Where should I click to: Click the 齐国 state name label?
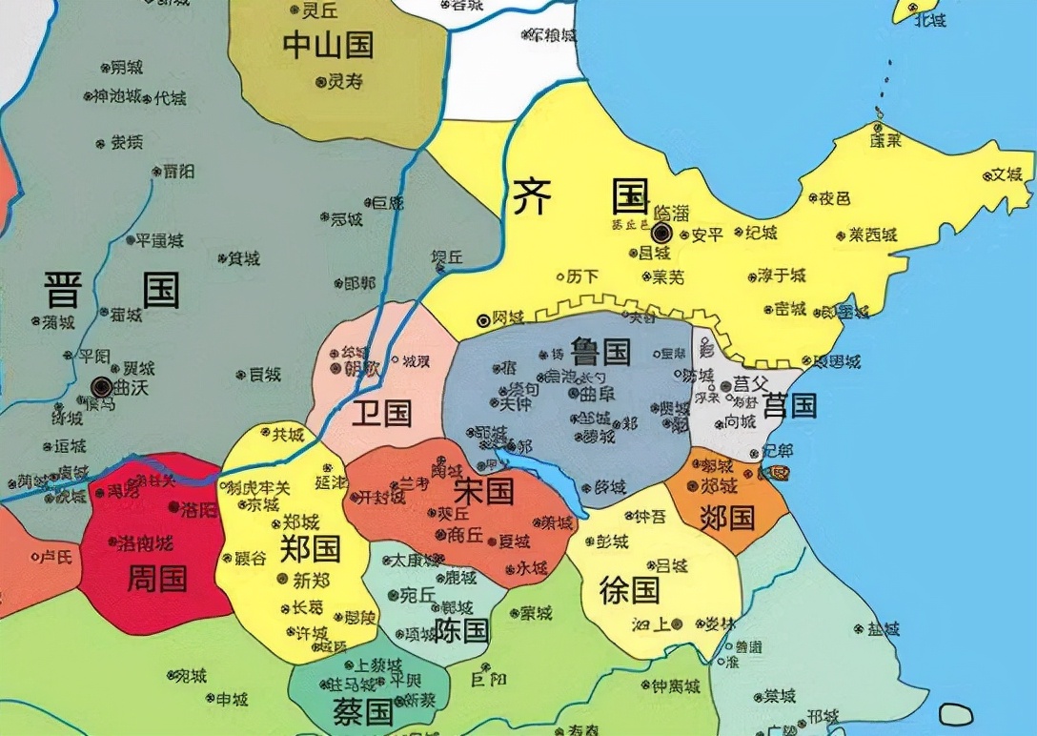[580, 197]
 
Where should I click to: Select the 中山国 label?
[328, 45]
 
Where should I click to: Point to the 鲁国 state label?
[601, 351]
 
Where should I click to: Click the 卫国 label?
[381, 413]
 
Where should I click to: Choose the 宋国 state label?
[483, 491]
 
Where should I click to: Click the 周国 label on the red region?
[156, 578]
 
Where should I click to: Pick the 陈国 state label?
[461, 629]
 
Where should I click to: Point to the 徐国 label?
[629, 589]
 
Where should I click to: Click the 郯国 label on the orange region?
[727, 518]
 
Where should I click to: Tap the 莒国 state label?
[790, 405]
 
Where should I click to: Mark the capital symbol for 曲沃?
[102, 386]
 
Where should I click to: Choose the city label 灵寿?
[345, 82]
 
